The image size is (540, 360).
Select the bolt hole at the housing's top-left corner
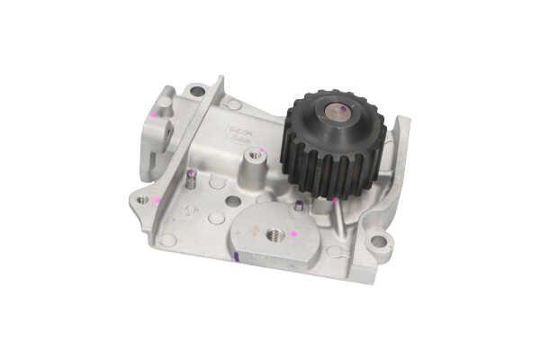point(197,90)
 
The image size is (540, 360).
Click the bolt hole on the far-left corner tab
point(142,199)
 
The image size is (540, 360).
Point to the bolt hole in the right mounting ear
point(379,240)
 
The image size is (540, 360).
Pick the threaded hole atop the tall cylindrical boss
point(256,155)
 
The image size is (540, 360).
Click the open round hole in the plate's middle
point(233,201)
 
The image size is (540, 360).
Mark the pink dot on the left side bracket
point(154,114)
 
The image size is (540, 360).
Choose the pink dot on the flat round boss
point(293,233)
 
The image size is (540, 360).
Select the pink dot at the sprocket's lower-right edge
point(336,199)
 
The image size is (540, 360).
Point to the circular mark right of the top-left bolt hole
point(233,104)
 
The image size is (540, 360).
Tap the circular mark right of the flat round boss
point(335,251)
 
